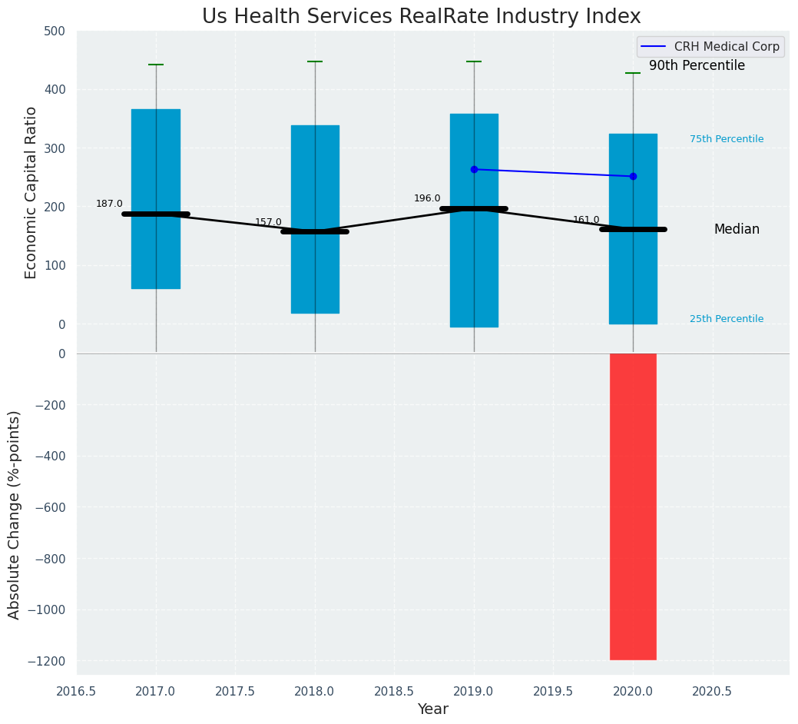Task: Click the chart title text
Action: coord(421,17)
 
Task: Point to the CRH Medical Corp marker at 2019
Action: coord(474,169)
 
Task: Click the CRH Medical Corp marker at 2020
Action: coord(633,176)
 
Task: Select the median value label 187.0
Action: coord(109,204)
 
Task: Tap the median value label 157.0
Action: coord(268,222)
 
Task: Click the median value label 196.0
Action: coord(427,198)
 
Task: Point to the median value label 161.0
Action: coord(586,220)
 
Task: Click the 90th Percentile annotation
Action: coord(697,66)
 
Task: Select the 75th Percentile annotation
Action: coord(727,139)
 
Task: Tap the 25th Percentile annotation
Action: coord(727,319)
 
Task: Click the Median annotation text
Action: coord(737,229)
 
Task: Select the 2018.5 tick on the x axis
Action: coord(394,691)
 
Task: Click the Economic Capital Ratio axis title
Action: coord(31,192)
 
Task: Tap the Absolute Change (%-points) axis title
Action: coord(15,514)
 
